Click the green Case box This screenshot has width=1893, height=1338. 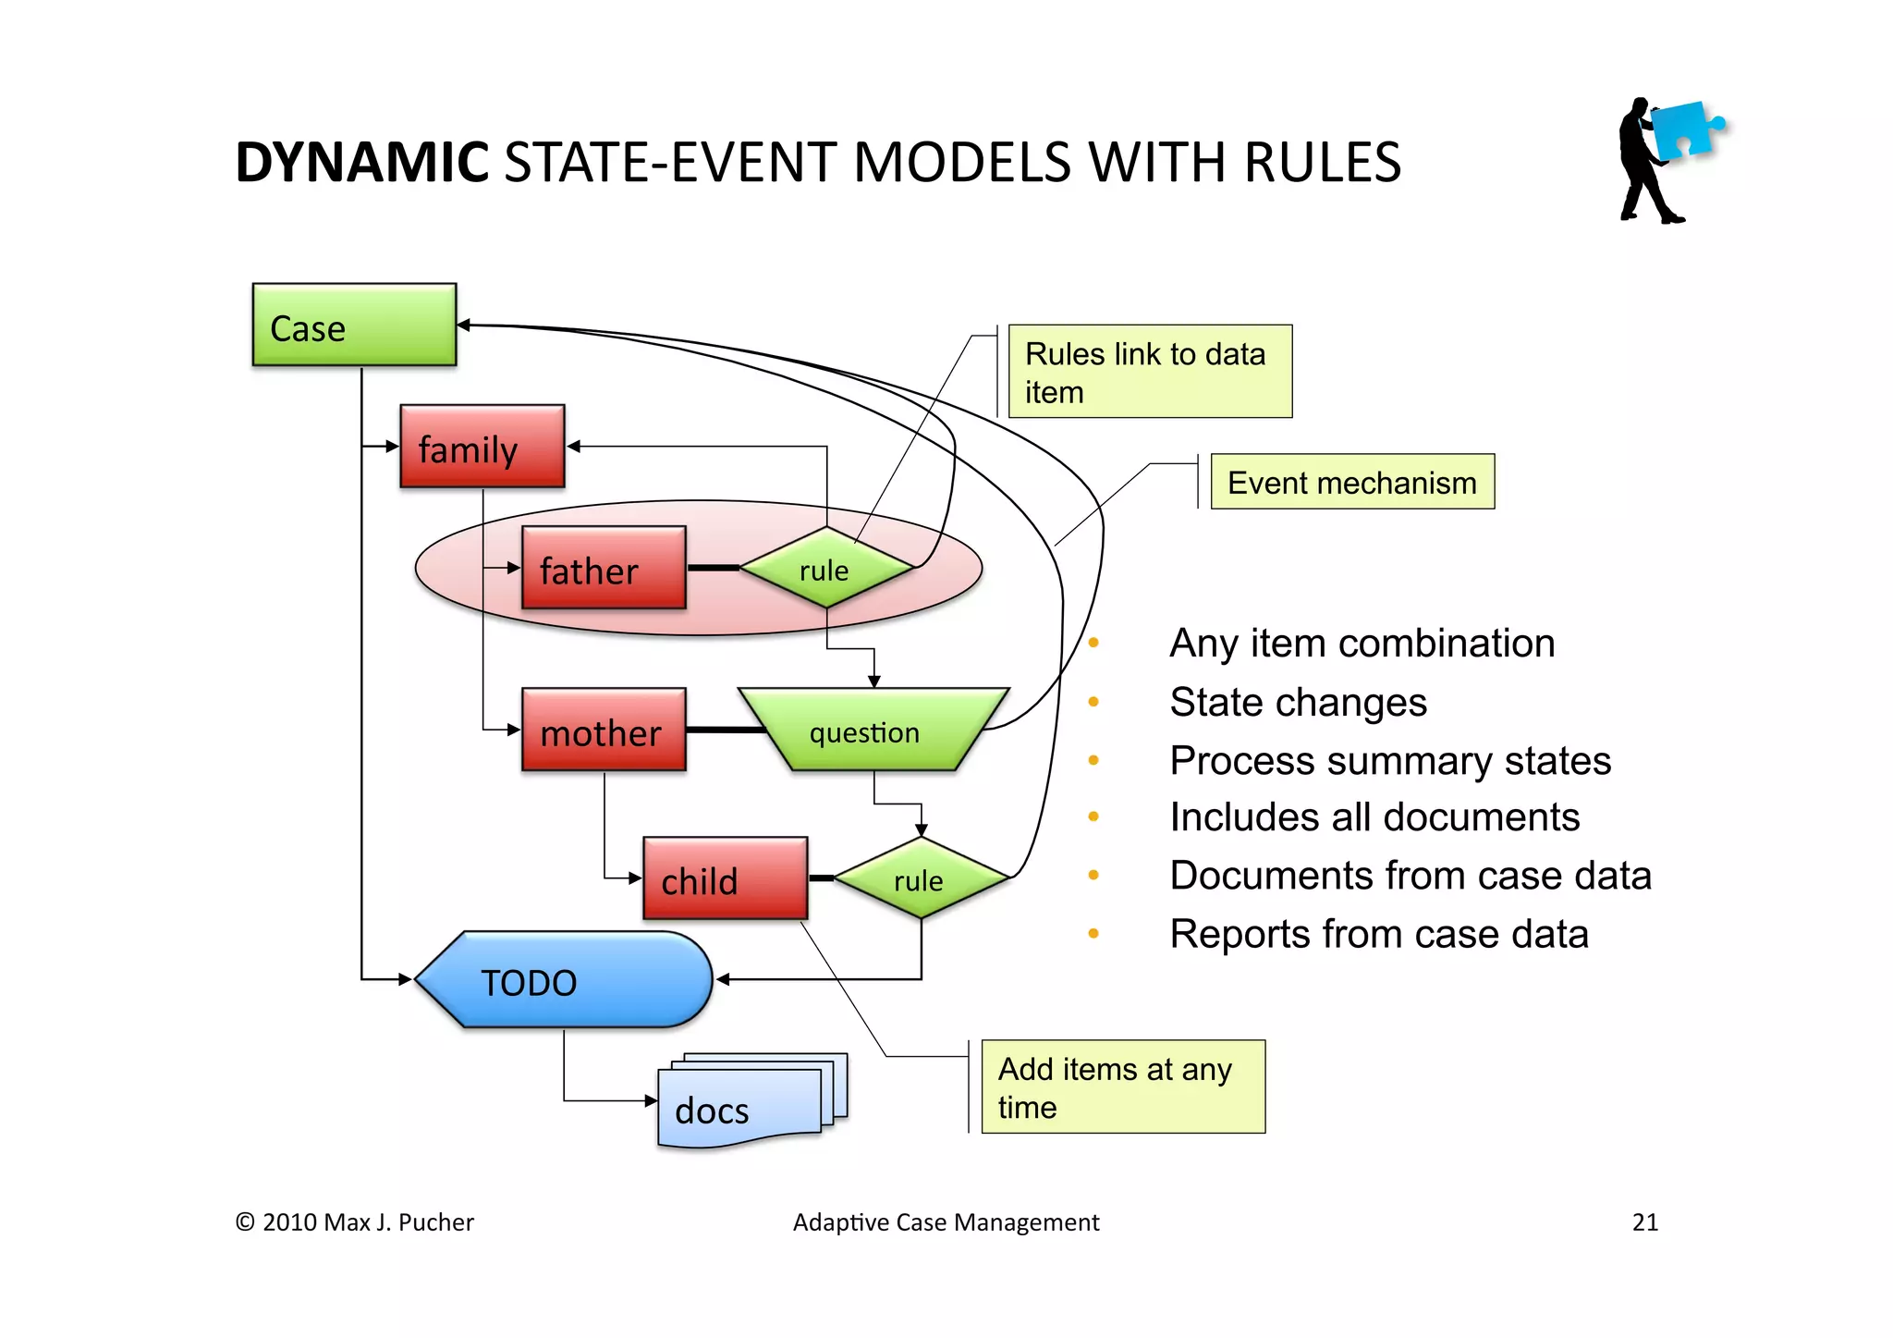coord(354,325)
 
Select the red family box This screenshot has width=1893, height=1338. coord(482,446)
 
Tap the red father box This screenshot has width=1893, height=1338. coord(604,568)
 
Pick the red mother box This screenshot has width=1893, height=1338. coord(604,730)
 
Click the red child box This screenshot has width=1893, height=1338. coord(725,878)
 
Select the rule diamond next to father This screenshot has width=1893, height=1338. coord(825,569)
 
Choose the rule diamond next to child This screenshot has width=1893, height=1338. coord(920,879)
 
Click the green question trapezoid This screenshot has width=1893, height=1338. coord(869,730)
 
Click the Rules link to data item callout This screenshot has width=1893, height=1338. coord(1149,372)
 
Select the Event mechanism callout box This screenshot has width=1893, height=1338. coord(1351,482)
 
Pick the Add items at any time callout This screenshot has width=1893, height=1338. coord(1122,1086)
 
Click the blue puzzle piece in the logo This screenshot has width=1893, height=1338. coord(1684,129)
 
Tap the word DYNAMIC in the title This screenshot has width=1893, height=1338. coord(361,163)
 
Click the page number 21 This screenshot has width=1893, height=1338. coord(1644,1222)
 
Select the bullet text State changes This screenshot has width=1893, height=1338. coord(1298,702)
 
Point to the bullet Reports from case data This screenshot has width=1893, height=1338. coord(1378,934)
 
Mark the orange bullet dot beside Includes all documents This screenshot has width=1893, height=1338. coord(1093,816)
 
